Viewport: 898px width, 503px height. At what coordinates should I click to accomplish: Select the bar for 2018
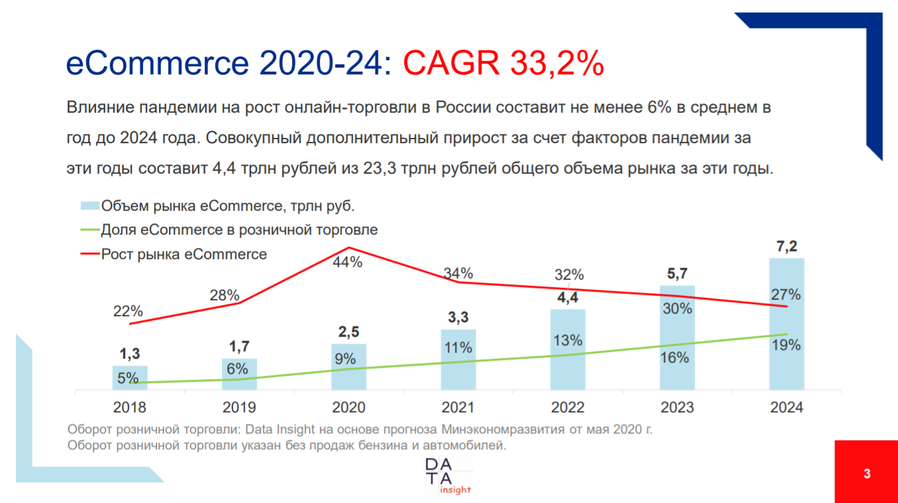point(130,378)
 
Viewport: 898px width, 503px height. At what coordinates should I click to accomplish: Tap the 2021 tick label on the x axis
point(458,407)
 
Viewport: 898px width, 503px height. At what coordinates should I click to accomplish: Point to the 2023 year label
point(677,407)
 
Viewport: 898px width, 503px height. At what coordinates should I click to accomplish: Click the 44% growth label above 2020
point(347,262)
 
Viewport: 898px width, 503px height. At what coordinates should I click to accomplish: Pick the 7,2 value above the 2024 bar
point(786,247)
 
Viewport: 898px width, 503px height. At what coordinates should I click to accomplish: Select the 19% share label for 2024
point(786,345)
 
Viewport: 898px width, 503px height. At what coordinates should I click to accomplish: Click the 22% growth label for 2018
point(128,310)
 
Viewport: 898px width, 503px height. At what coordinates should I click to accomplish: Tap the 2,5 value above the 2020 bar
point(348,332)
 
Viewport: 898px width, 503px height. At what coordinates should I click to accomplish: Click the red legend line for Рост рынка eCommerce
point(89,254)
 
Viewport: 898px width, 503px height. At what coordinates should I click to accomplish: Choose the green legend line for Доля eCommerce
point(89,231)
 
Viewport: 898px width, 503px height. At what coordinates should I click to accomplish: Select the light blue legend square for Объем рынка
point(89,206)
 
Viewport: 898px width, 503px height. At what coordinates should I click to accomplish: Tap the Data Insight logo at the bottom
point(448,475)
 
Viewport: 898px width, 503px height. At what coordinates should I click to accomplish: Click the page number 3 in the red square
point(866,474)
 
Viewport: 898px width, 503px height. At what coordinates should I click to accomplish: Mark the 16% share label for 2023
point(676,358)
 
